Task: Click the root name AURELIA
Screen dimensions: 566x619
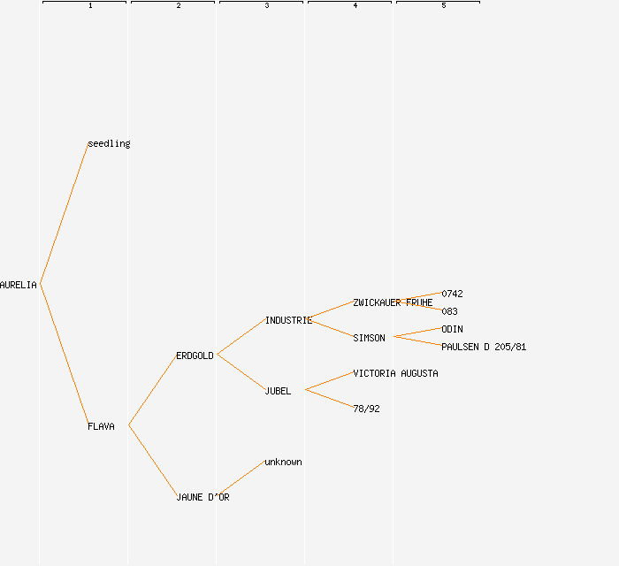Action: pos(19,285)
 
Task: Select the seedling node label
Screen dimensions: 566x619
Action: pos(109,143)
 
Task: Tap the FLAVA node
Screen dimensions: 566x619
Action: pos(101,426)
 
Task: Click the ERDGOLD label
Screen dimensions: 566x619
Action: pos(195,356)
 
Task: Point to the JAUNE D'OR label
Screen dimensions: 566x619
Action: pos(203,497)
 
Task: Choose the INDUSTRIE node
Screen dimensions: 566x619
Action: pos(288,320)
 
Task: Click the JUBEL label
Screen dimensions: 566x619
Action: pos(278,391)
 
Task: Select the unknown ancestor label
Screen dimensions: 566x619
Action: pos(283,462)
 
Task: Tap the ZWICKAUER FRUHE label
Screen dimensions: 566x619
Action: pos(393,302)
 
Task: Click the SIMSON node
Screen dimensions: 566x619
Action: pos(369,338)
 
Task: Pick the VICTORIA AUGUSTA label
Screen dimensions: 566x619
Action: pos(395,373)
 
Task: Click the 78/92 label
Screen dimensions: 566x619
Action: pos(366,409)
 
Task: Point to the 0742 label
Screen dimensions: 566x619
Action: pos(452,294)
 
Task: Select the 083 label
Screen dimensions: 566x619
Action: pos(449,311)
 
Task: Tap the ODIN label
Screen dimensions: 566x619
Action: pos(452,329)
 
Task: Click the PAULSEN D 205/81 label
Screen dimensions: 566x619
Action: pos(484,347)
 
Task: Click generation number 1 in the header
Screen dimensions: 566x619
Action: pos(90,6)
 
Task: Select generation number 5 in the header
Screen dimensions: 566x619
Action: pos(444,6)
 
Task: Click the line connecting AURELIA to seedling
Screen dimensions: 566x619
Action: pos(64,214)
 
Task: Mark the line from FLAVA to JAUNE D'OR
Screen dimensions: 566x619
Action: pos(152,461)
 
